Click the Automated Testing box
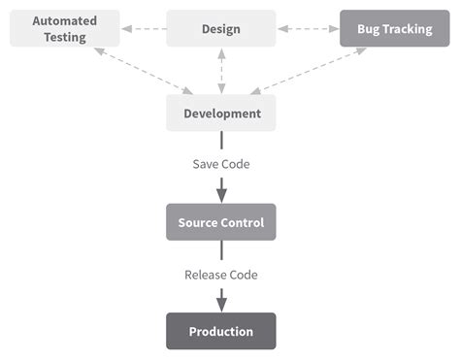[65, 28]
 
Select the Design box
[221, 28]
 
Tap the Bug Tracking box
[394, 28]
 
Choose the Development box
[221, 114]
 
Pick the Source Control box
[221, 222]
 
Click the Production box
[221, 331]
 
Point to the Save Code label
[221, 164]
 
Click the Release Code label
[221, 275]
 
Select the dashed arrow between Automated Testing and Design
[143, 28]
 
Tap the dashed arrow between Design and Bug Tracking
[308, 28]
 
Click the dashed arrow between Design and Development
[221, 71]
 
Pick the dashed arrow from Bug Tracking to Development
[309, 71]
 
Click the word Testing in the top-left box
[64, 37]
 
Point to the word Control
[243, 222]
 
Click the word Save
[206, 164]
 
